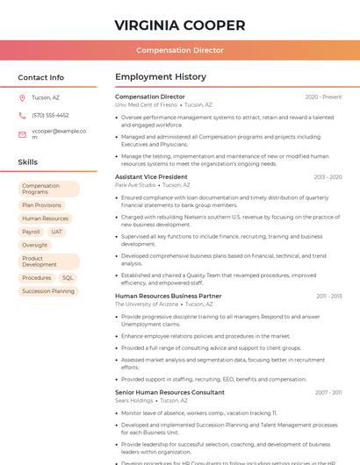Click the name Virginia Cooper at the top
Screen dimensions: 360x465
coord(179,25)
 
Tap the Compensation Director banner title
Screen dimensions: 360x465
coord(179,50)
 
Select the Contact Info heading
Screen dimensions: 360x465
coord(40,77)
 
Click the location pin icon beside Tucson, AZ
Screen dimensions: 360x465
coord(22,97)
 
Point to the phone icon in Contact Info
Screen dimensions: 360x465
coord(22,115)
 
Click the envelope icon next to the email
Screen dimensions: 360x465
coord(22,134)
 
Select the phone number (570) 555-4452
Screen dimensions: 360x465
coord(50,115)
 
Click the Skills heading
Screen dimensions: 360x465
coord(27,162)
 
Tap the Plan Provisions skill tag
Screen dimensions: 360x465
coord(42,205)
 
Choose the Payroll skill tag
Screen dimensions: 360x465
coord(31,232)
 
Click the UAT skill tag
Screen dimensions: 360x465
coord(57,232)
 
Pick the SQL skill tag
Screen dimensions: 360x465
coord(68,277)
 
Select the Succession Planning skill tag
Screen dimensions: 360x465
coord(48,290)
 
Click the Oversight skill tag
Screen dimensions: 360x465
coord(35,245)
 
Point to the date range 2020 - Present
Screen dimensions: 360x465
coord(323,97)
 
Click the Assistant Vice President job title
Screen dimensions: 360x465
coord(151,176)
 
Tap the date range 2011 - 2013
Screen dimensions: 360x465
coord(329,296)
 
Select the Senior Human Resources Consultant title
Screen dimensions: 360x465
coord(169,392)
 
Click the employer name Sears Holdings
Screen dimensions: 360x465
coord(134,400)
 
